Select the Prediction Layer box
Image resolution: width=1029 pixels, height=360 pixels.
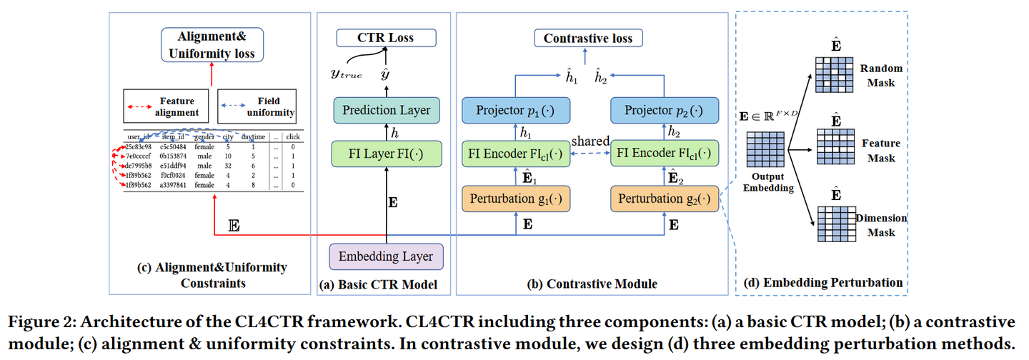[385, 110]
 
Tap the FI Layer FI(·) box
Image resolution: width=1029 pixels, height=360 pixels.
[385, 154]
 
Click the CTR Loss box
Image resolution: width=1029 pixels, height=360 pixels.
[385, 37]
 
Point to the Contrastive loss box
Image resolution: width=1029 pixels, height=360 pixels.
[587, 38]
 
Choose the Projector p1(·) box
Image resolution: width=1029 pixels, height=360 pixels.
[516, 110]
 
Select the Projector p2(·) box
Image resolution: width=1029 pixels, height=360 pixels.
[664, 110]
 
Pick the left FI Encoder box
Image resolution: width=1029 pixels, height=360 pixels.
[516, 154]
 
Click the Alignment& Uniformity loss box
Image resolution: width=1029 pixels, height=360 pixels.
[212, 44]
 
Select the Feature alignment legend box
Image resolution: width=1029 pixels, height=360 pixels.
[169, 106]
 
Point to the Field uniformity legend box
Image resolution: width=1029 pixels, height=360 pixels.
[258, 106]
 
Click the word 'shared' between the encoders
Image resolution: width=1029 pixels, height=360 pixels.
[590, 142]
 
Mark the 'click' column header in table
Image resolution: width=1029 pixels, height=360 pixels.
[292, 136]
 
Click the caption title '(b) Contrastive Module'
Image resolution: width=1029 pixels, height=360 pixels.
[592, 284]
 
